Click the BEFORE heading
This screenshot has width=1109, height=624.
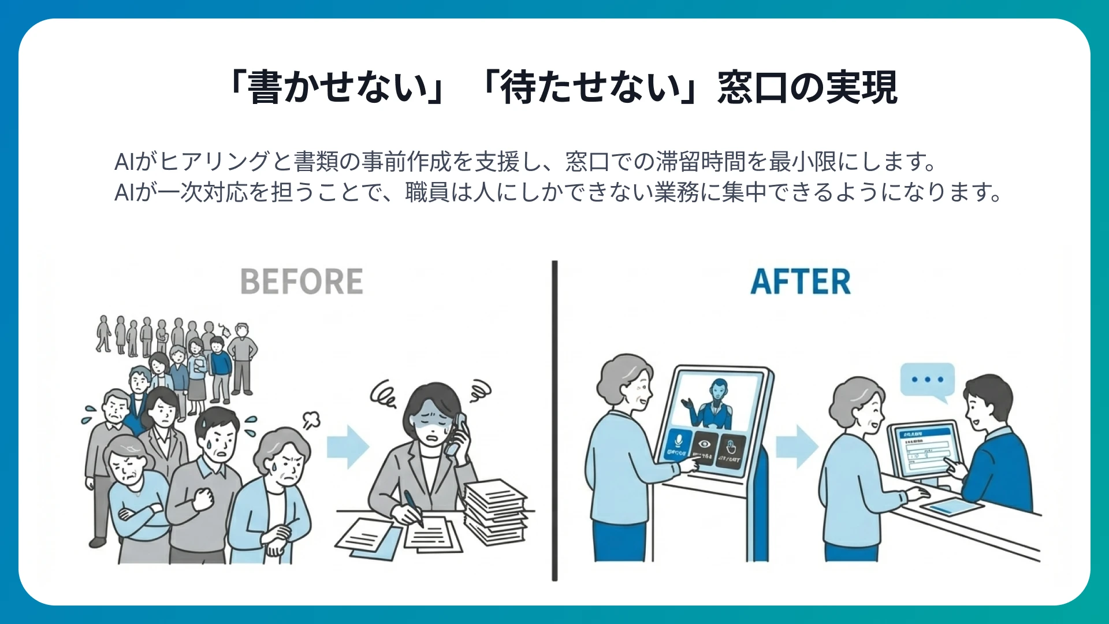tap(302, 281)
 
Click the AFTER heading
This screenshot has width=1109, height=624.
tap(801, 281)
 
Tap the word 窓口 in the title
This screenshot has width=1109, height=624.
tap(752, 88)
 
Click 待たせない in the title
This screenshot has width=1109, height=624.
tap(590, 88)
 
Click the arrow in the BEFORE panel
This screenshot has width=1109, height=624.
tap(348, 446)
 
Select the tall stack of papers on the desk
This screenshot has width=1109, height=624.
tap(496, 511)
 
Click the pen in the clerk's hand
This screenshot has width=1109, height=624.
tap(413, 506)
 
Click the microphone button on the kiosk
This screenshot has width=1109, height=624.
tap(678, 445)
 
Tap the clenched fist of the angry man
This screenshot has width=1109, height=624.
tap(203, 497)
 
